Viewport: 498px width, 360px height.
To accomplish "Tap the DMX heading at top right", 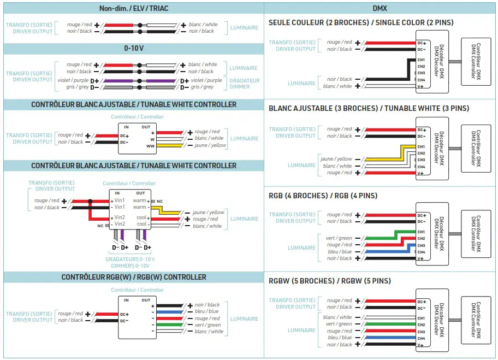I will coord(380,8).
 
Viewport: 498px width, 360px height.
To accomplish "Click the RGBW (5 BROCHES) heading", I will coord(330,281).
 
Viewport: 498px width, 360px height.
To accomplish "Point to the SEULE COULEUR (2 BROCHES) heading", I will coord(361,22).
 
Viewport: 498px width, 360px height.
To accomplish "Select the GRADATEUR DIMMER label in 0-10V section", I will coord(244,84).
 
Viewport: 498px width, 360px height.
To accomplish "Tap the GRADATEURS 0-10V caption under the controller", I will coord(130,262).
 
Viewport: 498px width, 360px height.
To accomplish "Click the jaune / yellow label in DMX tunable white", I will coord(336,159).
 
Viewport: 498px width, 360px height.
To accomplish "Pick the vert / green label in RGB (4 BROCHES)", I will coord(339,238).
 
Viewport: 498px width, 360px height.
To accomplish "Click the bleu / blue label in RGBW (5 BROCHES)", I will coord(340,338).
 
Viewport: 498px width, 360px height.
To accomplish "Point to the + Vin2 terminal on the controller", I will coord(118,217).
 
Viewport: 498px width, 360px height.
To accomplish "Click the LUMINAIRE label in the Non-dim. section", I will coord(244,28).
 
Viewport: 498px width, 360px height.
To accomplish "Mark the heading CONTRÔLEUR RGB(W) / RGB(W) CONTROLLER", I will coord(133,277).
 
